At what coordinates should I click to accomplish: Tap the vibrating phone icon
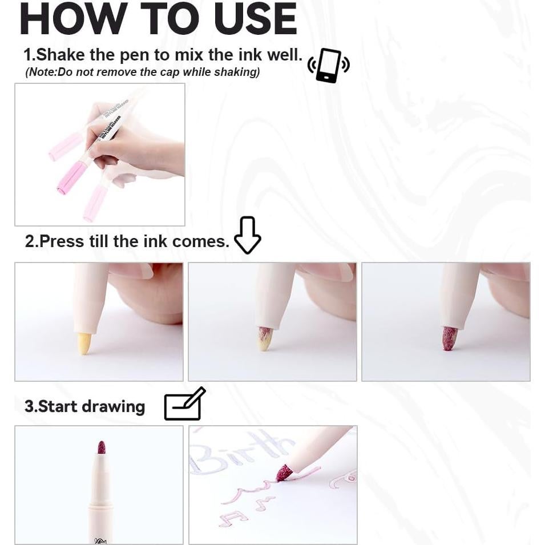[x=328, y=66]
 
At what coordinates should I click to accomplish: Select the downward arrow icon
[x=247, y=235]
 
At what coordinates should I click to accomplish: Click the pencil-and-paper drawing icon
[x=184, y=405]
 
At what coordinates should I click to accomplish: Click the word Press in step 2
[x=62, y=241]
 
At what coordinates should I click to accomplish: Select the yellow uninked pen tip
[x=84, y=344]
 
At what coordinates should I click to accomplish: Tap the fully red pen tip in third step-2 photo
[x=449, y=338]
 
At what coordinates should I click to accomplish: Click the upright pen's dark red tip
[x=102, y=447]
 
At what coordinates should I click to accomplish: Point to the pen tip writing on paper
[x=284, y=473]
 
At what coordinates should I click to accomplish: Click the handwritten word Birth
[x=240, y=451]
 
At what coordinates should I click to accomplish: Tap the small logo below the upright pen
[x=100, y=540]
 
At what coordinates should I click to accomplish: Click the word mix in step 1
[x=189, y=55]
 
